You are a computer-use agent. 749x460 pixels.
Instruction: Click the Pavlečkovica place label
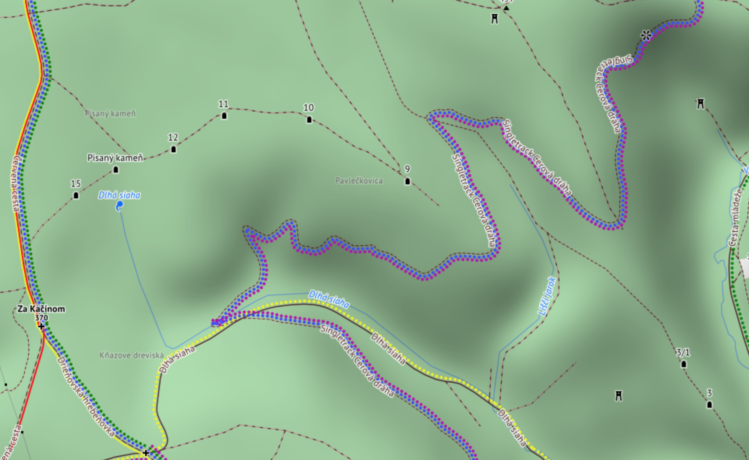pyautogui.click(x=359, y=181)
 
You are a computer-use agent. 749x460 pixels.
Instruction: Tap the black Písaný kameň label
pyautogui.click(x=115, y=158)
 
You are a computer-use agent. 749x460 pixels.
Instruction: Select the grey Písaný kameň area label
pyautogui.click(x=110, y=114)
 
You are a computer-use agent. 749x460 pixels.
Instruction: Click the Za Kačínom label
pyautogui.click(x=41, y=309)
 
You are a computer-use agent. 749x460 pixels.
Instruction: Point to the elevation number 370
pyautogui.click(x=41, y=318)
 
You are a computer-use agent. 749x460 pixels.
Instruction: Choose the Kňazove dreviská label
pyautogui.click(x=131, y=355)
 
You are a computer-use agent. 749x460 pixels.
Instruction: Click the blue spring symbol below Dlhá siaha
pyautogui.click(x=119, y=206)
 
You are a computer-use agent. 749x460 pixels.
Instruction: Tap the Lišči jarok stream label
pyautogui.click(x=547, y=296)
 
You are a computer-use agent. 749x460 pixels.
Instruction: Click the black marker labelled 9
pyautogui.click(x=408, y=181)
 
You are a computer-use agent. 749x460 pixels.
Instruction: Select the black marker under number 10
pyautogui.click(x=309, y=119)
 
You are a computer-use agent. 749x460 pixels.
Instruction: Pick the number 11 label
pyautogui.click(x=224, y=104)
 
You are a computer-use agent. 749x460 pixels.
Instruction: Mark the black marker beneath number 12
pyautogui.click(x=174, y=149)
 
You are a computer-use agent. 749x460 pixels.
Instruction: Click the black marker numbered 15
pyautogui.click(x=76, y=195)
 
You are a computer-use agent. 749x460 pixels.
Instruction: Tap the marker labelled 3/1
pyautogui.click(x=683, y=364)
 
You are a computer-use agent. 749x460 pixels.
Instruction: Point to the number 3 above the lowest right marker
pyautogui.click(x=709, y=393)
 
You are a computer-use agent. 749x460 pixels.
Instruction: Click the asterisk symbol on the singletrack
pyautogui.click(x=646, y=36)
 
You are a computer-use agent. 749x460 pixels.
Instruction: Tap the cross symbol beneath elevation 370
pyautogui.click(x=41, y=326)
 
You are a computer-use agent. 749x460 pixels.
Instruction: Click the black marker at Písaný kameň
pyautogui.click(x=115, y=170)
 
